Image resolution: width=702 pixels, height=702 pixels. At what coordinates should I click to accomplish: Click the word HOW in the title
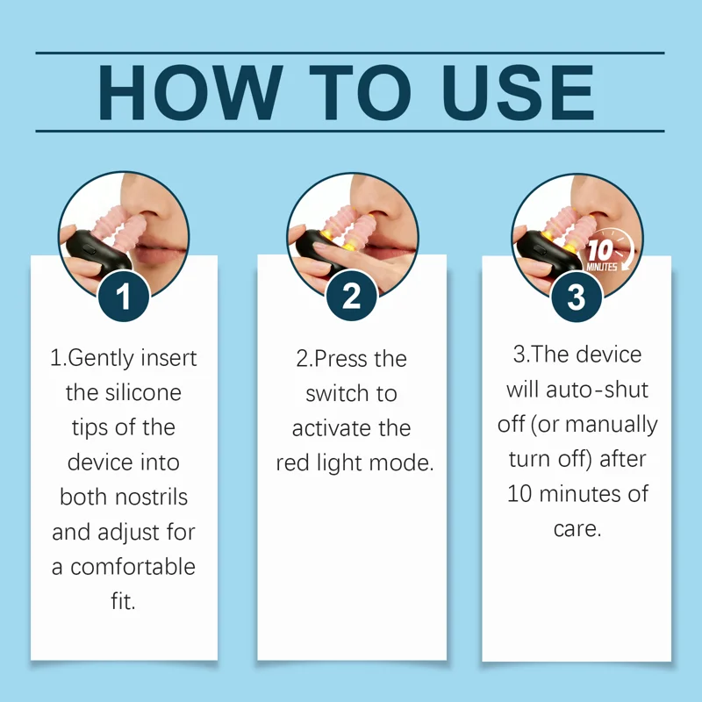190,93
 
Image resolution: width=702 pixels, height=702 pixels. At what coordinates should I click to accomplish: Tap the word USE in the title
518,93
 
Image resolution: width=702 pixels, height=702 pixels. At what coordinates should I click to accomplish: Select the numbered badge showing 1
123,296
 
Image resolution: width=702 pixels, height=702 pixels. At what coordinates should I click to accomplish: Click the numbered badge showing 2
352,296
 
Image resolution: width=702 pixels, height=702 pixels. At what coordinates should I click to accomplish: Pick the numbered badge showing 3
577,297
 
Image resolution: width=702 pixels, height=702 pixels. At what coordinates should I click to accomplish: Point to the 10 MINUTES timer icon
609,252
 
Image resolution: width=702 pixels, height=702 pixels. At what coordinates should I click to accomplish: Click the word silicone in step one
143,393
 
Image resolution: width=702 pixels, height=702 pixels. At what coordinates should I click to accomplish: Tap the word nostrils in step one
151,498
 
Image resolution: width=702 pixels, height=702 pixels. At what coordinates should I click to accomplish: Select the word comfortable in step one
133,567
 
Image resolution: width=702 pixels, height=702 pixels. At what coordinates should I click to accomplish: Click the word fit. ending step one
123,601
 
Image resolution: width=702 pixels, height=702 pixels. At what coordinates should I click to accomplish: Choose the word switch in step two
337,394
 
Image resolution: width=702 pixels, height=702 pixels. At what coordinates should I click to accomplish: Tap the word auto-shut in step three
598,390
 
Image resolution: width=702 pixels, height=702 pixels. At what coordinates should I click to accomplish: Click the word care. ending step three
577,529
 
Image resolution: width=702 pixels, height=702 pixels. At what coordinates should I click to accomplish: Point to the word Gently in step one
101,359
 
